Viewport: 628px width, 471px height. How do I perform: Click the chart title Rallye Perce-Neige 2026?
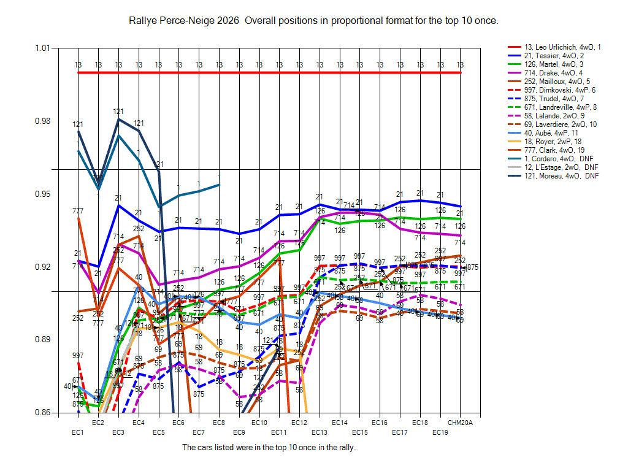[313, 21]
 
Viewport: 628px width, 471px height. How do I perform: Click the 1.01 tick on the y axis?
[44, 48]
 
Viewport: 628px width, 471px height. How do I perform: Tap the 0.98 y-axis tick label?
[44, 121]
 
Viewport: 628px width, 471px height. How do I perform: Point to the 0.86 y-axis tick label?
[44, 413]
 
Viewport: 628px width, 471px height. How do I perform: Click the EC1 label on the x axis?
[77, 433]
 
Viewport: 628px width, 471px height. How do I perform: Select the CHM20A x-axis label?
[459, 423]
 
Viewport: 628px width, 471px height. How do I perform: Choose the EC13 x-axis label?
[319, 433]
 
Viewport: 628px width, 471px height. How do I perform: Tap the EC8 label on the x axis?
[219, 423]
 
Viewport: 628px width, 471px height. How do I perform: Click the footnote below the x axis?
[269, 448]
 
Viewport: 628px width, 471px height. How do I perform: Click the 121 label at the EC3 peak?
[118, 112]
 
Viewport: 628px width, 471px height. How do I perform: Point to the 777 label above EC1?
[78, 211]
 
